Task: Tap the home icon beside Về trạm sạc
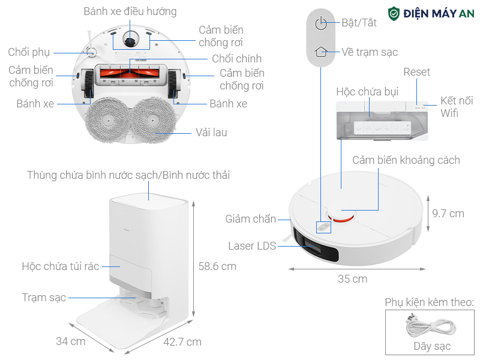[322, 52]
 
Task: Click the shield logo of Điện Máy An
[394, 14]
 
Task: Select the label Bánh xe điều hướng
[130, 11]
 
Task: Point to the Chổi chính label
[236, 59]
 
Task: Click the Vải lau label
[211, 132]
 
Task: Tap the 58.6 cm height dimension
[217, 266]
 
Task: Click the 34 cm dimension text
[70, 341]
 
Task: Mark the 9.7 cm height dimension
[448, 213]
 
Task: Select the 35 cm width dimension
[352, 279]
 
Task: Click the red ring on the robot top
[340, 217]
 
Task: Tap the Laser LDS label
[252, 246]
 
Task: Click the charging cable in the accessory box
[429, 328]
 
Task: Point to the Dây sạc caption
[432, 346]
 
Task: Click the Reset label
[416, 72]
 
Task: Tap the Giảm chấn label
[251, 219]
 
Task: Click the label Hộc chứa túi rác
[60, 266]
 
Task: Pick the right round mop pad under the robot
[158, 120]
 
